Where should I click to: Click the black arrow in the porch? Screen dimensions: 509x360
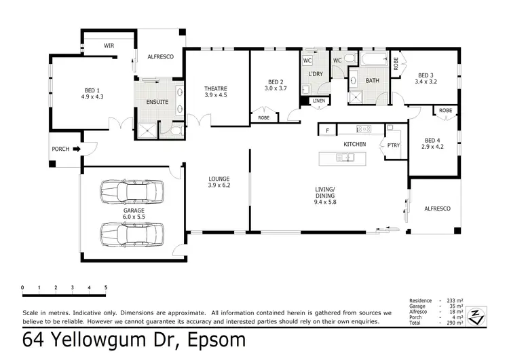point(77,149)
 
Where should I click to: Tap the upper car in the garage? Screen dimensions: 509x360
point(132,192)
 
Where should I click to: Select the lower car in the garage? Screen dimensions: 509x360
point(132,234)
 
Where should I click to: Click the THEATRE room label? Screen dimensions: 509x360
point(216,89)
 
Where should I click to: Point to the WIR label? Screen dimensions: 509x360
point(109,46)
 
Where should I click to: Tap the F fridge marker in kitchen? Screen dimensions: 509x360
point(328,130)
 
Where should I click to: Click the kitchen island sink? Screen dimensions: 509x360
point(345,158)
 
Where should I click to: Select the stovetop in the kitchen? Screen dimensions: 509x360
point(364,129)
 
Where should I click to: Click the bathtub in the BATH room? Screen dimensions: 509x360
point(374,59)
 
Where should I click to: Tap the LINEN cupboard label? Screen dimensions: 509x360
point(319,101)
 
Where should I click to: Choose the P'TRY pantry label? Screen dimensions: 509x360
point(394,145)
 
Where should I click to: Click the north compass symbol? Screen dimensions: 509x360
point(476,316)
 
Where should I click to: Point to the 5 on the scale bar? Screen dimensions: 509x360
point(106,287)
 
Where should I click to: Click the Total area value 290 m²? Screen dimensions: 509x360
point(455,323)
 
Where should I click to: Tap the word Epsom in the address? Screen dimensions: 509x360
point(216,340)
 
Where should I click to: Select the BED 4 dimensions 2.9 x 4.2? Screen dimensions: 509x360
point(432,147)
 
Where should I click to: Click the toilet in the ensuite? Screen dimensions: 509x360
point(175,130)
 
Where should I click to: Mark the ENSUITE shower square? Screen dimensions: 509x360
point(147,130)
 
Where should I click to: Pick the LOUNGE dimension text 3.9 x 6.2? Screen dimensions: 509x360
point(219,185)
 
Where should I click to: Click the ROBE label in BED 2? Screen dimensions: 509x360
point(263,118)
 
